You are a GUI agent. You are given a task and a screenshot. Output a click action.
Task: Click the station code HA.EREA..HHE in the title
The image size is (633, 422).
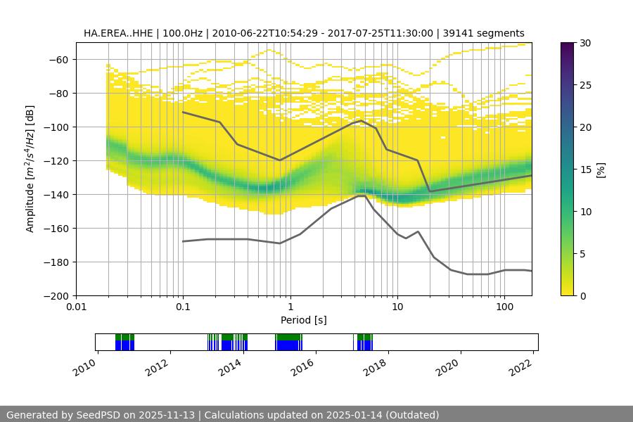point(117,33)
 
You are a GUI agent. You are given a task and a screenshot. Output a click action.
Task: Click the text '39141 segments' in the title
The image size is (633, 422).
point(488,33)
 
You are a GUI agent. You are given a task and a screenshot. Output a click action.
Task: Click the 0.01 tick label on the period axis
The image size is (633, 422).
point(76,307)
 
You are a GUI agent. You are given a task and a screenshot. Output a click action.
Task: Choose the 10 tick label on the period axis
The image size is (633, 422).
point(397,307)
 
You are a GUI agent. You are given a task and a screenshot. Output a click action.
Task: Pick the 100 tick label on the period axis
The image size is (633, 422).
point(504,307)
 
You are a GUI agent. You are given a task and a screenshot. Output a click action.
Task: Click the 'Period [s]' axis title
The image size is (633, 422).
point(304,320)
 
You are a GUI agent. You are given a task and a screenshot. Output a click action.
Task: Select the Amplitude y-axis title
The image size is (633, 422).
point(30,169)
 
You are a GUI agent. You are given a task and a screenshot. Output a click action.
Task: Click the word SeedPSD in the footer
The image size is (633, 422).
point(98,415)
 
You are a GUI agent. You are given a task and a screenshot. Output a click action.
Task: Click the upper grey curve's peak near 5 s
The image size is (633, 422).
point(362,120)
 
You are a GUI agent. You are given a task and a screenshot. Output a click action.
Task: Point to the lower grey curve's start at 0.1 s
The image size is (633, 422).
point(183,241)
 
